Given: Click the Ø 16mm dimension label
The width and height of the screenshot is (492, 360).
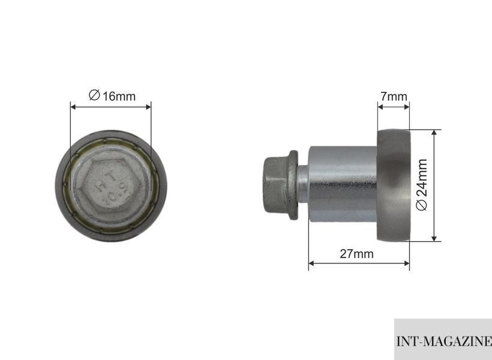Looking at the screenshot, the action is pyautogui.click(x=112, y=96).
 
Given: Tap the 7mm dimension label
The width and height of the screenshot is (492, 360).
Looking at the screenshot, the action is pyautogui.click(x=394, y=97).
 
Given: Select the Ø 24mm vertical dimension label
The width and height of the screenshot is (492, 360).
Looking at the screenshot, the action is pyautogui.click(x=422, y=185).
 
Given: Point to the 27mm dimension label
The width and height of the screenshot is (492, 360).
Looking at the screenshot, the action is pyautogui.click(x=357, y=254).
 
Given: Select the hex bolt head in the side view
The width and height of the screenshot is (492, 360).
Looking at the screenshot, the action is pyautogui.click(x=275, y=185).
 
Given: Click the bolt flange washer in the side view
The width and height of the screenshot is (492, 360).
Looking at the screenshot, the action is pyautogui.click(x=293, y=185).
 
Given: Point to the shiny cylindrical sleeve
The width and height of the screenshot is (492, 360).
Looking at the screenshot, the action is pyautogui.click(x=343, y=184).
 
